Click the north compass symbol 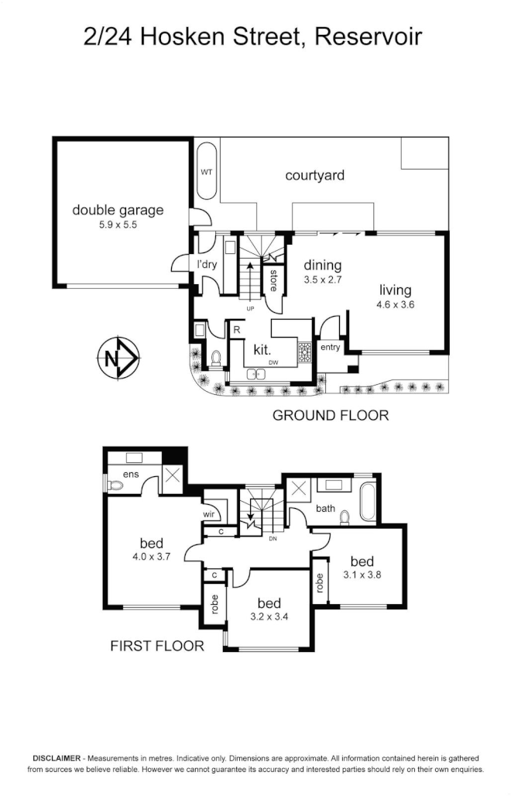pyautogui.click(x=118, y=358)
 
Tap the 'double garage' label pyautogui.click(x=118, y=210)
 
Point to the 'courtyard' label pyautogui.click(x=314, y=176)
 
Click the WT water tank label pyautogui.click(x=207, y=171)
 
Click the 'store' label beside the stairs pyautogui.click(x=273, y=279)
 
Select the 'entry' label pyautogui.click(x=330, y=348)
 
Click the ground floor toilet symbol pyautogui.click(x=216, y=358)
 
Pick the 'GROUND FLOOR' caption pyautogui.click(x=330, y=416)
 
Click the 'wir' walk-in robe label pyautogui.click(x=208, y=514)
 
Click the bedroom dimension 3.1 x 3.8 pyautogui.click(x=362, y=575)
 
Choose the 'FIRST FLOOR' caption pyautogui.click(x=157, y=645)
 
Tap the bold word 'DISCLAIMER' pyautogui.click(x=57, y=758)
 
